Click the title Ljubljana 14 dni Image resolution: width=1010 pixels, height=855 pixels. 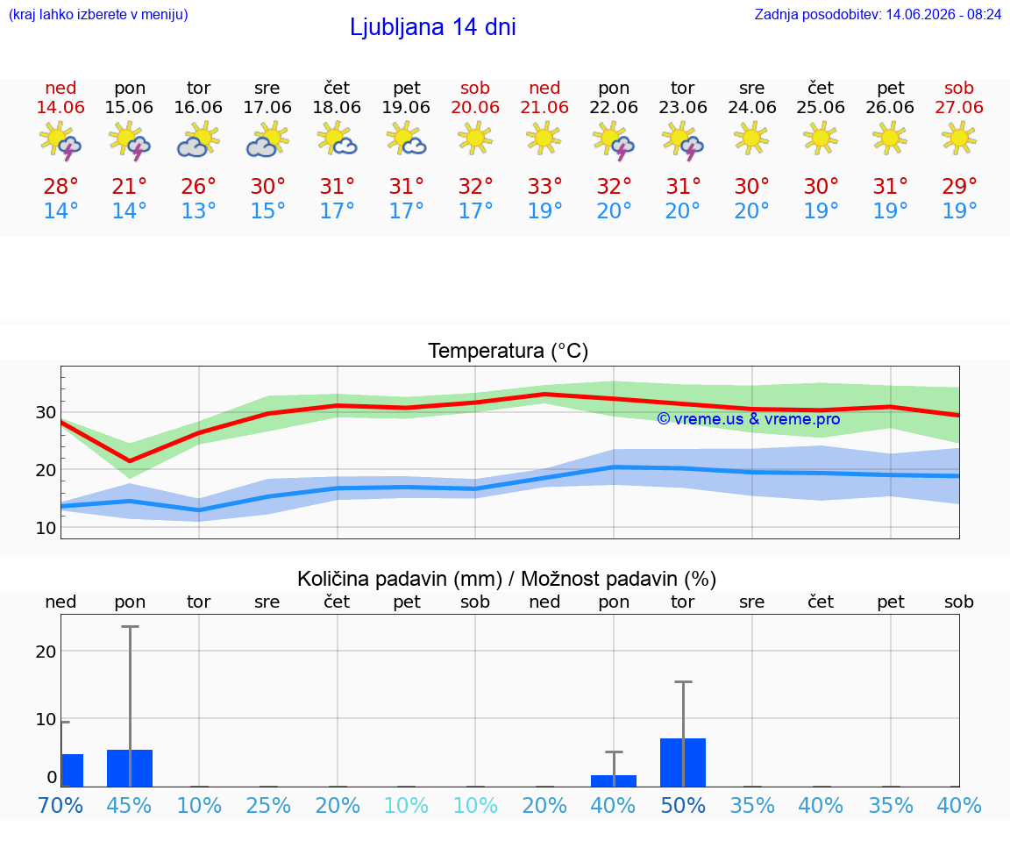click(432, 27)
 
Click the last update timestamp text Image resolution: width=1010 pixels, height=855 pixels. click(878, 14)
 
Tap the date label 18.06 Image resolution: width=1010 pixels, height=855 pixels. click(337, 107)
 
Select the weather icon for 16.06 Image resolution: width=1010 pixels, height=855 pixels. click(198, 140)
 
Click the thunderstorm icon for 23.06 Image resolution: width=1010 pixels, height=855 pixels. click(683, 140)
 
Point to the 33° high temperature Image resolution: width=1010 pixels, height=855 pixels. click(545, 186)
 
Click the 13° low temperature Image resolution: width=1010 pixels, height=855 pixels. click(198, 210)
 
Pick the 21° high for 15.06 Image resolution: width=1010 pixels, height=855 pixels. click(130, 186)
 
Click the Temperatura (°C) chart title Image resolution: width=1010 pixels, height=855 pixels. click(509, 351)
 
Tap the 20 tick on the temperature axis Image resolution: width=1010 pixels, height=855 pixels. click(46, 470)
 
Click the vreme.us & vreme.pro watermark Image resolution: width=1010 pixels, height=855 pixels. click(749, 419)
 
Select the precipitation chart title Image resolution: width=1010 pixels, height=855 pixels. click(507, 579)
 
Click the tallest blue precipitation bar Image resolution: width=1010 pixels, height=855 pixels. click(683, 762)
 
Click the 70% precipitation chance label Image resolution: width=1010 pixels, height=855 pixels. click(60, 805)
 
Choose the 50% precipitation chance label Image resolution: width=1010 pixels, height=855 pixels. click(683, 805)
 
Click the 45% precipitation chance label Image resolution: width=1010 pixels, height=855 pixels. click(130, 805)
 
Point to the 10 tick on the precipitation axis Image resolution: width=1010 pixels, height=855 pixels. click(46, 719)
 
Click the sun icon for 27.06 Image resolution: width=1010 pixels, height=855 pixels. click(959, 139)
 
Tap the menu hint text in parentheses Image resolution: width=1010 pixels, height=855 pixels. click(98, 14)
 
